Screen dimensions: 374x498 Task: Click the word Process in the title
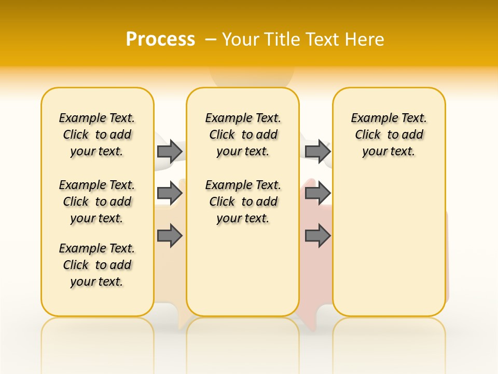click(160, 39)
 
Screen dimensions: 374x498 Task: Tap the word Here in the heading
click(365, 39)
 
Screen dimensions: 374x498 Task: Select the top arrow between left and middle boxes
click(169, 151)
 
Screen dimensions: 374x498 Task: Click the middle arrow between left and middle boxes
click(169, 193)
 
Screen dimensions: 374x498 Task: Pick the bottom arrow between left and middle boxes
click(169, 236)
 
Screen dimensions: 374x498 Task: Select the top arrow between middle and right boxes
click(317, 151)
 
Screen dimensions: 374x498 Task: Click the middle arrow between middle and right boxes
click(317, 193)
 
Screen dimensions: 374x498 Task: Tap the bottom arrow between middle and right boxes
click(317, 236)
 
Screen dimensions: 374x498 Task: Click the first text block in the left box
click(97, 135)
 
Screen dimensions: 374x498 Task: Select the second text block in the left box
click(97, 202)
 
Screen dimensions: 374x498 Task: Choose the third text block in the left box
click(97, 265)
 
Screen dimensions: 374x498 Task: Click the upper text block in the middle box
click(243, 135)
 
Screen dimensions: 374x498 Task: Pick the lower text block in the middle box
click(243, 202)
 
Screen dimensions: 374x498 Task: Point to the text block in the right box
click(389, 135)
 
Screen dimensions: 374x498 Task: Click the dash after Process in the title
click(211, 39)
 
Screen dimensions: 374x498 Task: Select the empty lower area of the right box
click(389, 244)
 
